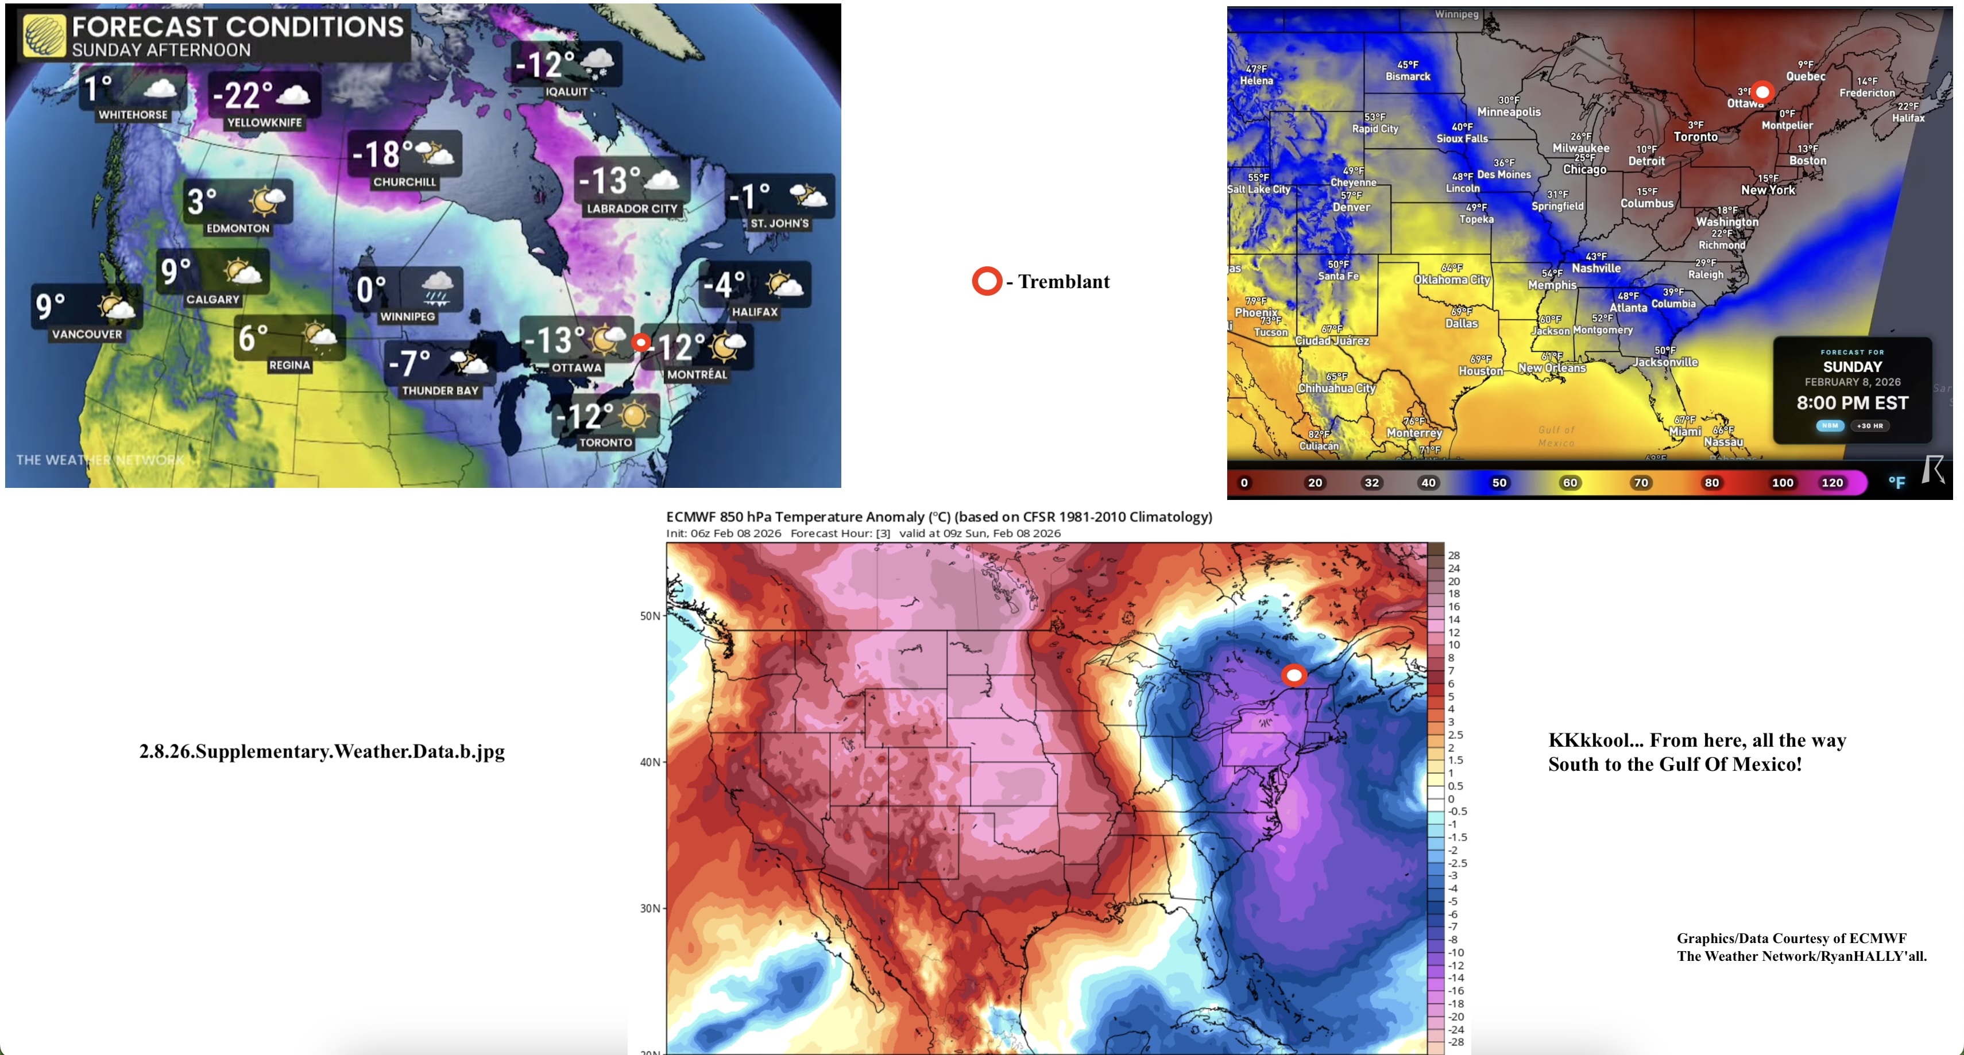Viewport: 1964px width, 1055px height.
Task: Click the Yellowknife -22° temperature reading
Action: pyautogui.click(x=242, y=95)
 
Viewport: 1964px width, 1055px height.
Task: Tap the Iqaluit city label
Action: pyautogui.click(x=566, y=91)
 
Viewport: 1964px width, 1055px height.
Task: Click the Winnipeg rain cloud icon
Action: pyautogui.click(x=437, y=288)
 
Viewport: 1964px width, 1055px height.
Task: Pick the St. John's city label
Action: pyautogui.click(x=779, y=223)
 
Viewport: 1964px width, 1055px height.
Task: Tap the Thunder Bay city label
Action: pyautogui.click(x=440, y=390)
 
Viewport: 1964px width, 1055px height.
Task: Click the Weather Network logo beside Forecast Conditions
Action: pyautogui.click(x=44, y=36)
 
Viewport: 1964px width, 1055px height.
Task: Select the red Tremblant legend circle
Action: pyautogui.click(x=987, y=281)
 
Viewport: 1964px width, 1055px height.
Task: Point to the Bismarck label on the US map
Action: pyautogui.click(x=1408, y=76)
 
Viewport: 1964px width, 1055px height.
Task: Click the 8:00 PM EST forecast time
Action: pyautogui.click(x=1852, y=404)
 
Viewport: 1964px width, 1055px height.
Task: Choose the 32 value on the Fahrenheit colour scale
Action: pyautogui.click(x=1371, y=483)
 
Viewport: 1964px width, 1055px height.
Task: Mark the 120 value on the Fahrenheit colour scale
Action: pyautogui.click(x=1832, y=483)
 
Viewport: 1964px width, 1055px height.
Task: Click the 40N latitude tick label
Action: pyautogui.click(x=649, y=762)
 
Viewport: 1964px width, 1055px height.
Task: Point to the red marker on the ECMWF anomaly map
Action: pyautogui.click(x=1294, y=676)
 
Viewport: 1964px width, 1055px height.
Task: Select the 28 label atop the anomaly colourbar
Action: pyautogui.click(x=1454, y=555)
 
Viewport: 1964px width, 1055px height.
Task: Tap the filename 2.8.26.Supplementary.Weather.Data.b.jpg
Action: pyautogui.click(x=322, y=751)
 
